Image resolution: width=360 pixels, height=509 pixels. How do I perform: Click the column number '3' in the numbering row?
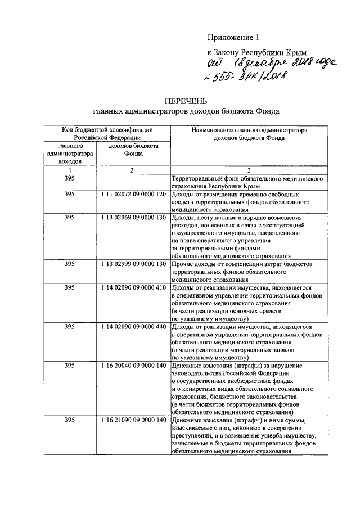click(x=248, y=170)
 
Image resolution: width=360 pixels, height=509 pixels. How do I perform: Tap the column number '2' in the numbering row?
click(x=130, y=170)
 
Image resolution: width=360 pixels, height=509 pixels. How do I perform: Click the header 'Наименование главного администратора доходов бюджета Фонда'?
click(x=248, y=133)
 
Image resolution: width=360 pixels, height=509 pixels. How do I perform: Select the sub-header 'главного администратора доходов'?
click(x=70, y=153)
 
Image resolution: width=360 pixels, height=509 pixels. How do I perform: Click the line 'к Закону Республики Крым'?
click(x=250, y=51)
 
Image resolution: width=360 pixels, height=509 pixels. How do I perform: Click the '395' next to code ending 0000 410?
click(x=70, y=287)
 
